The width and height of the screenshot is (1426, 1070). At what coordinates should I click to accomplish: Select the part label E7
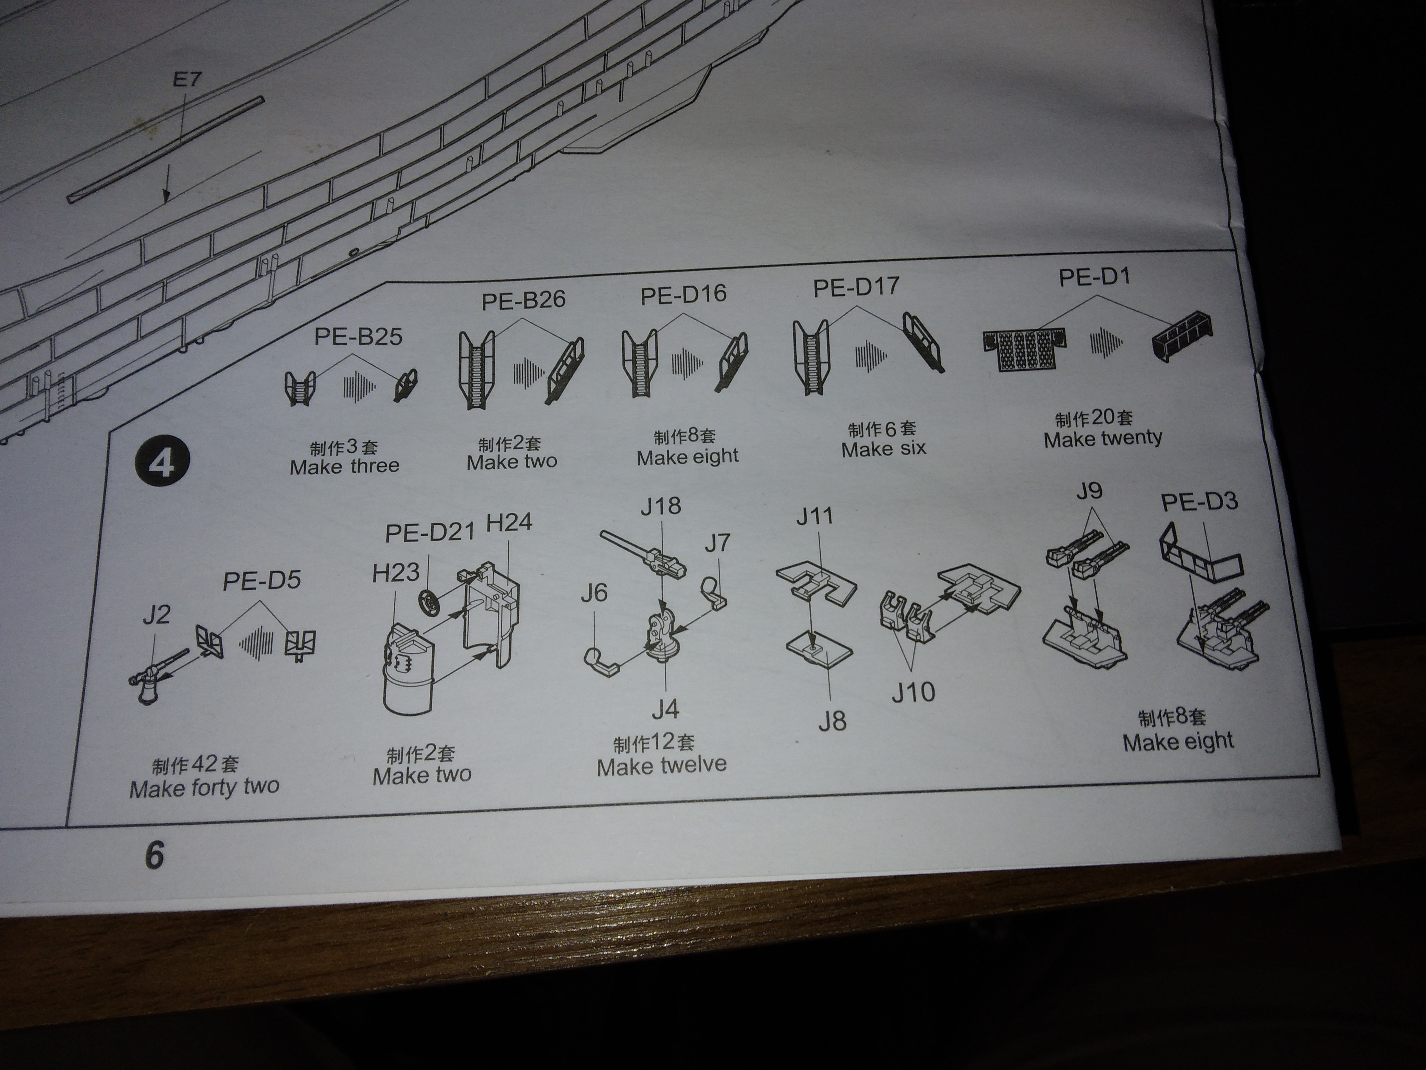pos(187,79)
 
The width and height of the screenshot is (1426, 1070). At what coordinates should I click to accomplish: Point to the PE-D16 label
pos(683,295)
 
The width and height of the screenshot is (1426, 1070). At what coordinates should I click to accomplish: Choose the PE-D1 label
pos(1095,277)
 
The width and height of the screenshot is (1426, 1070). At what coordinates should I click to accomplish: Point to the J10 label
pos(913,692)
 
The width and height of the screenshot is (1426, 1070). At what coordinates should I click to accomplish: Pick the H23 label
pos(396,573)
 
